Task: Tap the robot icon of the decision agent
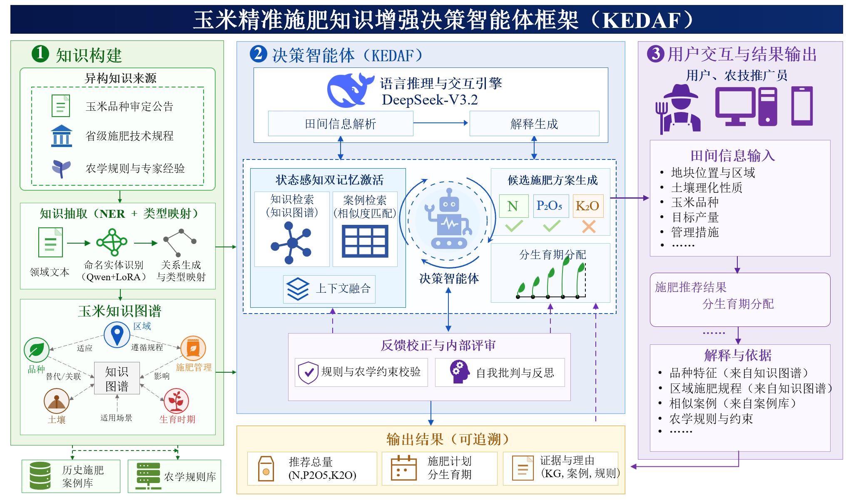(448, 219)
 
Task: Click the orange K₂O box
(588, 206)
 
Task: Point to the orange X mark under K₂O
(589, 227)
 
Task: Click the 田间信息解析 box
(341, 124)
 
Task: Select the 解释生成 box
(534, 124)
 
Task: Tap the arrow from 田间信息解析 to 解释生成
(441, 123)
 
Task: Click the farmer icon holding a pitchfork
(677, 109)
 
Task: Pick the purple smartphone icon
(802, 106)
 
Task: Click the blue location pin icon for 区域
(117, 334)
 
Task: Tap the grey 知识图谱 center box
(117, 378)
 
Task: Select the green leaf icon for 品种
(37, 350)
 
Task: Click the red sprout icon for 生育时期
(176, 401)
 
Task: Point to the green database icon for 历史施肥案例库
(40, 476)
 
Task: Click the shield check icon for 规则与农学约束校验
(308, 372)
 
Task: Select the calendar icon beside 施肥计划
(403, 468)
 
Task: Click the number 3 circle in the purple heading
(656, 54)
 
